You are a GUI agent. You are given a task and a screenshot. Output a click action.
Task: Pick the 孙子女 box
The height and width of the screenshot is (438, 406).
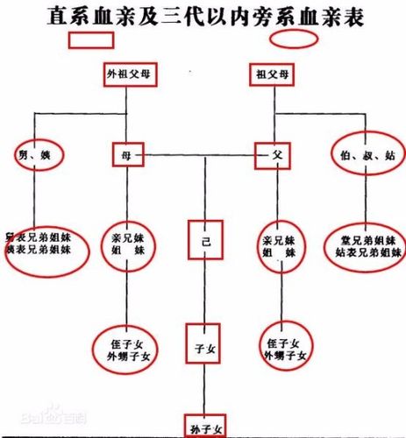pyautogui.click(x=204, y=426)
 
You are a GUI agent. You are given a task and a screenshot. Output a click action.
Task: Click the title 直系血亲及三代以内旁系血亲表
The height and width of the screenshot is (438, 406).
pyautogui.click(x=203, y=14)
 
